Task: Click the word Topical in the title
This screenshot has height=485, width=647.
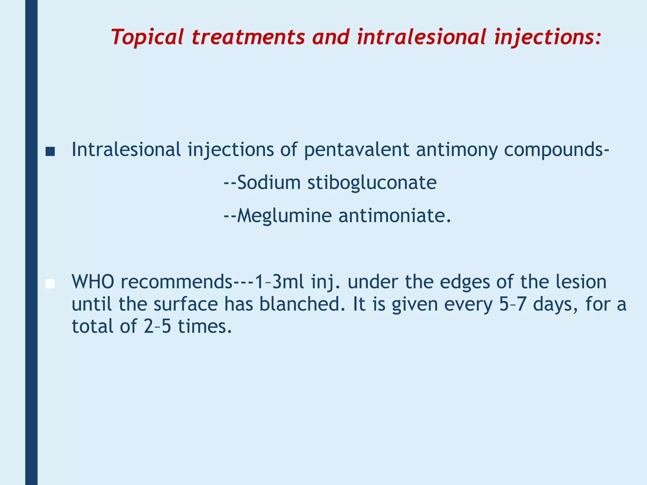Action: pos(147,37)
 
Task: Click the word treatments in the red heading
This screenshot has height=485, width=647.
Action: pos(248,37)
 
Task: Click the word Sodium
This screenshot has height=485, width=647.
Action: pos(269,183)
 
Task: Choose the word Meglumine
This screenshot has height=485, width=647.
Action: pos(284,216)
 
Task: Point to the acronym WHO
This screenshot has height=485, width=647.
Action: pos(93,282)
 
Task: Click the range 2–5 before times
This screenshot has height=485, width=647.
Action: pos(157,326)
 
